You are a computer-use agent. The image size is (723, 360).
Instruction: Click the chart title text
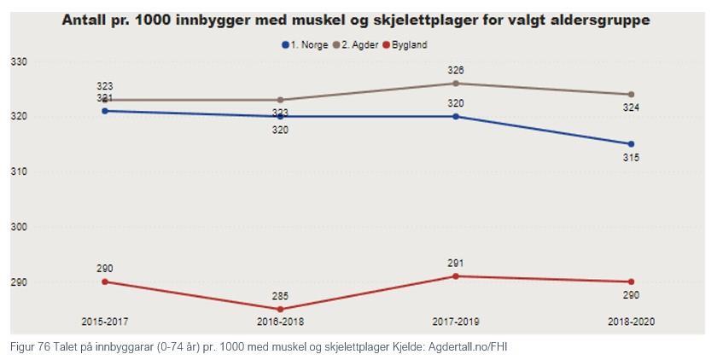355,20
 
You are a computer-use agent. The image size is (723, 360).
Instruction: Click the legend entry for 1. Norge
305,44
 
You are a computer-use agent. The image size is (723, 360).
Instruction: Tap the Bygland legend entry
409,44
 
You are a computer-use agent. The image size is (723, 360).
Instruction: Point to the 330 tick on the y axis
19,61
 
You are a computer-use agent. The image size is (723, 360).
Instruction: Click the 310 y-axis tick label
19,171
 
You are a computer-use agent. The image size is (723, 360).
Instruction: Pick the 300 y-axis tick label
19,227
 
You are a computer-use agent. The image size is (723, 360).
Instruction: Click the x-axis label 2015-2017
105,322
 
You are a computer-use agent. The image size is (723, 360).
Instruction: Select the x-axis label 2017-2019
456,322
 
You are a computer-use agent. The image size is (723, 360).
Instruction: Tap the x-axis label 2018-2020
631,322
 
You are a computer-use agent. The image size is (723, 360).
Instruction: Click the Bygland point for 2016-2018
280,310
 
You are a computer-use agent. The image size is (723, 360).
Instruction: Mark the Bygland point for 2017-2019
456,276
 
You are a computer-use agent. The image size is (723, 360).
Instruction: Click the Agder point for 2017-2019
456,83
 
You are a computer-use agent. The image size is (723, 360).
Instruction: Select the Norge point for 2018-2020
631,144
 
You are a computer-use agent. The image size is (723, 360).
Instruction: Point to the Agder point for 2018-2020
631,94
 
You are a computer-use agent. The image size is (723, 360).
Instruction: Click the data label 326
456,70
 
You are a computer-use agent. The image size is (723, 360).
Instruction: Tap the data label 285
280,297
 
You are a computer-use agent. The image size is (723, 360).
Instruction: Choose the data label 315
631,158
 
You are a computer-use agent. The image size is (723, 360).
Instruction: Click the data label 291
456,264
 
